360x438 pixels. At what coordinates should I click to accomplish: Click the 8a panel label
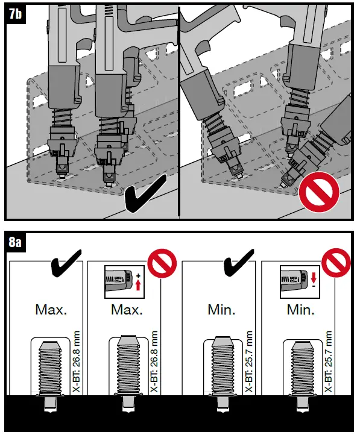pos(15,243)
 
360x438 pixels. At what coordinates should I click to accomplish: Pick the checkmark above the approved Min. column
pos(238,264)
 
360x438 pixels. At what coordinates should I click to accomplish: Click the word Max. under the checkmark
pos(51,311)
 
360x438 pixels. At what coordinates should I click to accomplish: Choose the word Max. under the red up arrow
pos(127,311)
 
